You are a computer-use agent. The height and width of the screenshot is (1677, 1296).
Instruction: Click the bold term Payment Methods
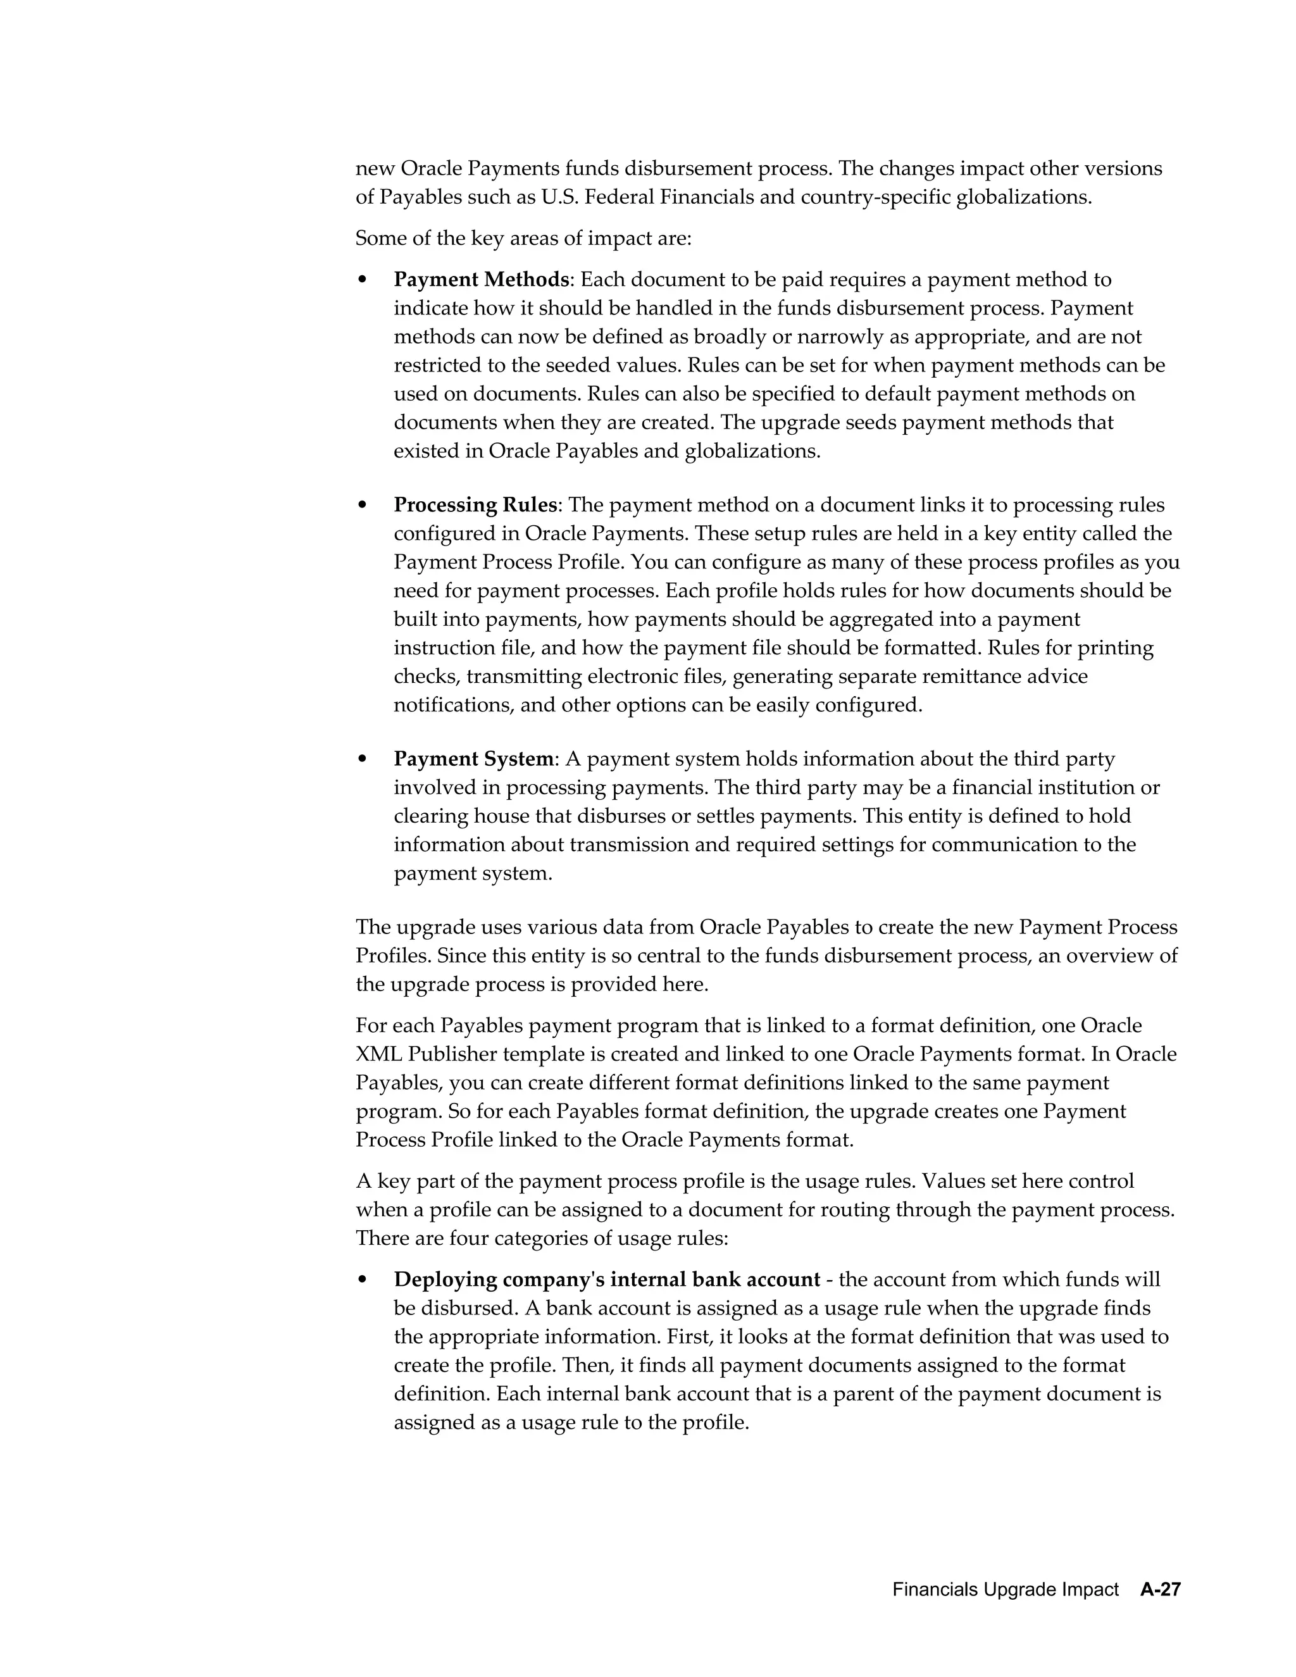pyautogui.click(x=482, y=280)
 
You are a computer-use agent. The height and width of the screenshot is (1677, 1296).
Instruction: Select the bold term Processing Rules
pyautogui.click(x=475, y=504)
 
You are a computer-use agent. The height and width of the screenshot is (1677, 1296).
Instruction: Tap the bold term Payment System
pyautogui.click(x=473, y=759)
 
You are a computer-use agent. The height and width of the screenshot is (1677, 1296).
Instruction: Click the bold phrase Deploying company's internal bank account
pyautogui.click(x=606, y=1279)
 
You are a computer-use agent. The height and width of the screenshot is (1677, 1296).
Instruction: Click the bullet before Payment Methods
pyautogui.click(x=363, y=280)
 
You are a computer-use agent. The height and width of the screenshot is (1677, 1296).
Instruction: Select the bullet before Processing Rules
pyautogui.click(x=363, y=505)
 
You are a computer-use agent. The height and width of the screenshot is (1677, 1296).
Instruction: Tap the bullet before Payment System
pyautogui.click(x=363, y=759)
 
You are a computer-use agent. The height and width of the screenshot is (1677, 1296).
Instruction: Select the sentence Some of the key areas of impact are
pyautogui.click(x=523, y=238)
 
